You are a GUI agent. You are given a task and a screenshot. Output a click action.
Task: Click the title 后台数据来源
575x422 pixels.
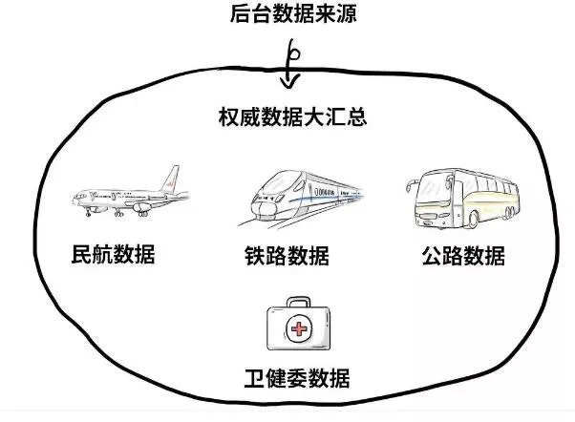click(x=287, y=15)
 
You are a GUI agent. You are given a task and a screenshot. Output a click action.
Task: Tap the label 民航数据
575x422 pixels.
click(x=113, y=255)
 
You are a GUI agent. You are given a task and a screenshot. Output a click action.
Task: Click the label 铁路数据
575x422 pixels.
click(x=287, y=257)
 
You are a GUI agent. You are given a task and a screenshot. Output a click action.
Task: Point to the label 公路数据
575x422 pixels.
click(x=462, y=257)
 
